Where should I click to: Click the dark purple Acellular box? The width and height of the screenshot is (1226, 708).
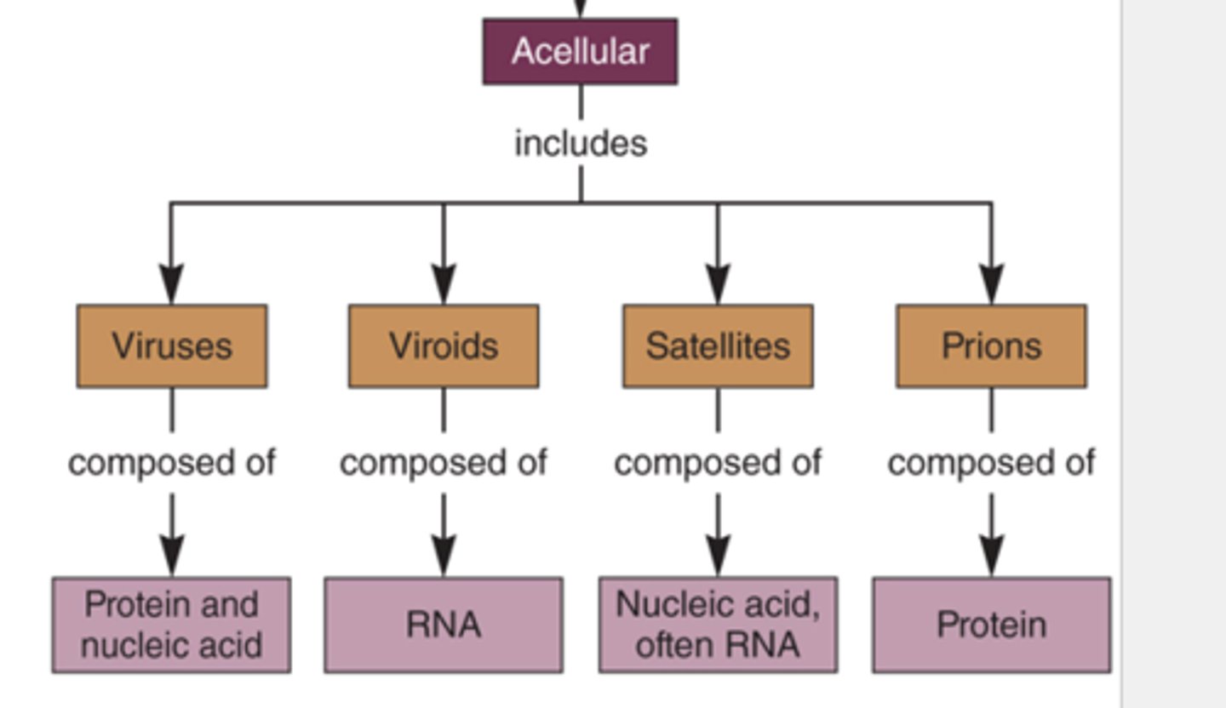click(580, 52)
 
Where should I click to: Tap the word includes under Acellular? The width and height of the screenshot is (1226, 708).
click(581, 143)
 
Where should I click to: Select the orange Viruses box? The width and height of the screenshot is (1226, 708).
click(172, 346)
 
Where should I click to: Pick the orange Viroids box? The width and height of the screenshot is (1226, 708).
click(444, 346)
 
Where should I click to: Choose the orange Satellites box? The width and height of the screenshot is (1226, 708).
click(718, 346)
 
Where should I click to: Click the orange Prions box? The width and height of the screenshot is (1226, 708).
click(991, 346)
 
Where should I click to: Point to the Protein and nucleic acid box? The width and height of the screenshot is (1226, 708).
click(171, 625)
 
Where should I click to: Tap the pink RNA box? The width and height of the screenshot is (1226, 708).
click(444, 625)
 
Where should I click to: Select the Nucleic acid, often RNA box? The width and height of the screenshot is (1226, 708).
click(718, 625)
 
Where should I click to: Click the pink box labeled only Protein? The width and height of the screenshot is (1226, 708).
click(991, 625)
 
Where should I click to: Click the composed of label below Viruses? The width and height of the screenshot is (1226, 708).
click(172, 463)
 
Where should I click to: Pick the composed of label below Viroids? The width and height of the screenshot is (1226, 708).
click(444, 463)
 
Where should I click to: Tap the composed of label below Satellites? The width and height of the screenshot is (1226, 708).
click(718, 463)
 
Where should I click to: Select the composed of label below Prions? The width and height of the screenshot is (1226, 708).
click(991, 463)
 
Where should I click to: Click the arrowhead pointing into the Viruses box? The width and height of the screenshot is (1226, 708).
click(172, 284)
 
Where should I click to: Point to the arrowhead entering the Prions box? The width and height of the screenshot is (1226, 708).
click(991, 284)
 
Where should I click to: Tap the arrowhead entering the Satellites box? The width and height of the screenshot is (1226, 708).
click(718, 284)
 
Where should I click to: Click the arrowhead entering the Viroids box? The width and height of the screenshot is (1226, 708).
click(444, 284)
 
